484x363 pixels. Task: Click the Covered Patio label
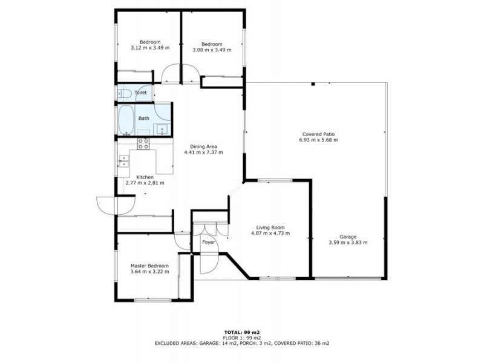pyautogui.click(x=318, y=134)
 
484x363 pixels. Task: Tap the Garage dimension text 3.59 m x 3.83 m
pyautogui.click(x=348, y=243)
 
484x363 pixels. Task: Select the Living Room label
pyautogui.click(x=270, y=227)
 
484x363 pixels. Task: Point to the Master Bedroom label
pyautogui.click(x=149, y=266)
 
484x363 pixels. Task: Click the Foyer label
pyautogui.click(x=208, y=243)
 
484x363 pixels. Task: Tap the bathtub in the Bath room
pyautogui.click(x=126, y=120)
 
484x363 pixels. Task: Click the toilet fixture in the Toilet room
pyautogui.click(x=124, y=93)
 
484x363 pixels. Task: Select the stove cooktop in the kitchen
pyautogui.click(x=143, y=144)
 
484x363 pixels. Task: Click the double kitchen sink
pyautogui.click(x=123, y=161)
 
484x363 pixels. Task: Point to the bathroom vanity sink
pyautogui.click(x=162, y=129)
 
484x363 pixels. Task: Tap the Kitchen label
pyautogui.click(x=145, y=177)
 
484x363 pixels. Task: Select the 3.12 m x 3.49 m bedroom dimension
pyautogui.click(x=150, y=48)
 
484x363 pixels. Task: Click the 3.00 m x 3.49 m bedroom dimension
pyautogui.click(x=212, y=50)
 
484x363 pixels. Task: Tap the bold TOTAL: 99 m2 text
pyautogui.click(x=242, y=332)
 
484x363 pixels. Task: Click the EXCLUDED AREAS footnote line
pyautogui.click(x=242, y=343)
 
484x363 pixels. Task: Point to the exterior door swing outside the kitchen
pyautogui.click(x=115, y=205)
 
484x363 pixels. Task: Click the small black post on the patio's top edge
pyautogui.click(x=313, y=83)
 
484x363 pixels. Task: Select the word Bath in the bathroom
pyautogui.click(x=143, y=118)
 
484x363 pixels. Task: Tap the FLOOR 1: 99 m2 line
pyautogui.click(x=242, y=338)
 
